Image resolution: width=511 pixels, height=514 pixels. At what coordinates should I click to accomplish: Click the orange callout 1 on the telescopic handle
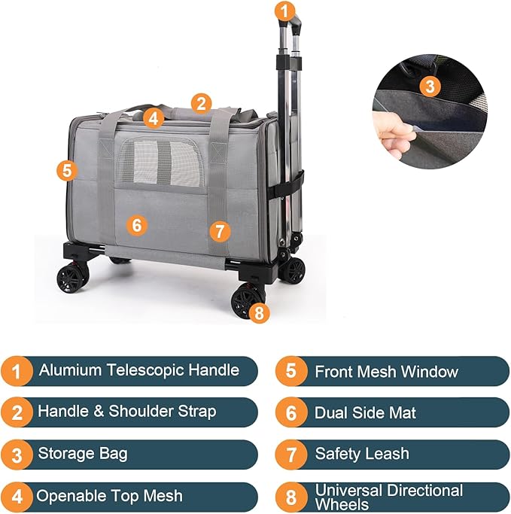coord(284,11)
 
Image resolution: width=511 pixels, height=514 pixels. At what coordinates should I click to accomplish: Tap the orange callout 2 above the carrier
coord(200,103)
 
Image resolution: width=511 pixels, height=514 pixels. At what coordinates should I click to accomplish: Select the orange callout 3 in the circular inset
coord(429,86)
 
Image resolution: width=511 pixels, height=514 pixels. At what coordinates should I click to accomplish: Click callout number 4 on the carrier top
coord(154,118)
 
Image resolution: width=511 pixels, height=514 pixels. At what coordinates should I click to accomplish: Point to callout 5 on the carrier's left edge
coord(67,170)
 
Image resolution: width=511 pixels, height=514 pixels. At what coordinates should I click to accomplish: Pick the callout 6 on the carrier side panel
coord(136,224)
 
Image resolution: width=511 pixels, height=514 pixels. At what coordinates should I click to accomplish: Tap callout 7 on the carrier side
coord(218,231)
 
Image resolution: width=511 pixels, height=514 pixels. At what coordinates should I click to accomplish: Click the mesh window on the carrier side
coord(157,160)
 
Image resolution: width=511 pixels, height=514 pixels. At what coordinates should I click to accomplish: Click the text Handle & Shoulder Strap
coord(126,412)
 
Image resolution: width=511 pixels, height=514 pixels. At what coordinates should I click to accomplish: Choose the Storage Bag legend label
coord(83,454)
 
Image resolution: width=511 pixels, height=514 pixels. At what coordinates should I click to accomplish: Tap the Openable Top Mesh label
coord(110,496)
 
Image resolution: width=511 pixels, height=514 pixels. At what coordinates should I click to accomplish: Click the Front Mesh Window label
coord(386,372)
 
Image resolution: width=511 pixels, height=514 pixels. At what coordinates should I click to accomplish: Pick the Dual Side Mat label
coord(365,412)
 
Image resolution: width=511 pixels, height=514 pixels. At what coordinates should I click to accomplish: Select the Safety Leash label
coord(362,454)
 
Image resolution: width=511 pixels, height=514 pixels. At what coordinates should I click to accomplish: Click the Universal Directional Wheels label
coord(388,497)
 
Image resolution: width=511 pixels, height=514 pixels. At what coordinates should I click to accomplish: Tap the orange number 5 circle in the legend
coord(290,371)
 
